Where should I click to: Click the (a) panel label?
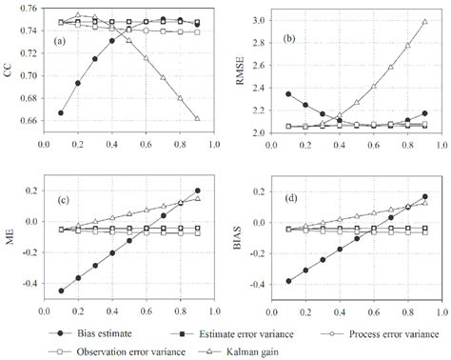[60, 41]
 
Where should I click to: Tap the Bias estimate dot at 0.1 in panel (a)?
[61, 112]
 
